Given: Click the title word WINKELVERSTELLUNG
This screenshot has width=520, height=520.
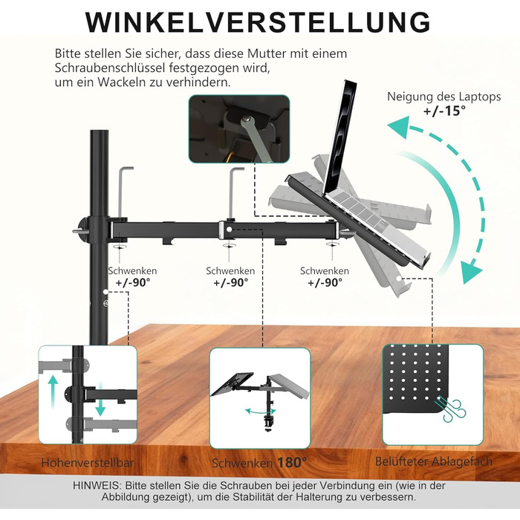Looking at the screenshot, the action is pos(258,22).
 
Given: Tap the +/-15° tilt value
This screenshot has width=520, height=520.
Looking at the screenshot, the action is pos(444,111).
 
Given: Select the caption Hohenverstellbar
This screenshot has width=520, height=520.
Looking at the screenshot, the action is pos(88,463).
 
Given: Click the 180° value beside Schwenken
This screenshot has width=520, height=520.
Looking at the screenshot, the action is pos(292,462).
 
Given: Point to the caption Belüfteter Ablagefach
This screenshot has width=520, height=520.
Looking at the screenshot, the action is pos(434,461).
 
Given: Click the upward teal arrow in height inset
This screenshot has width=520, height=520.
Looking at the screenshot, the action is pos(53,391).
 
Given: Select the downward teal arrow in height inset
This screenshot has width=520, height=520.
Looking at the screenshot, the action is pos(100,400).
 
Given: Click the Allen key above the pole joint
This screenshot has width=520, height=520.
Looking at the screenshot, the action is pos(123,192).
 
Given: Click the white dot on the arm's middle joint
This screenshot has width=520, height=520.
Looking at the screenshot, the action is pos(229,229).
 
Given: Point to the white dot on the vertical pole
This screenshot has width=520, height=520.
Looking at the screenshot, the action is pos(105,292).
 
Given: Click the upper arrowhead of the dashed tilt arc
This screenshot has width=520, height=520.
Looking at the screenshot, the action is pos(398,126).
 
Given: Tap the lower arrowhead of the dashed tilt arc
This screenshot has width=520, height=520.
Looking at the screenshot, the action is pos(471,272).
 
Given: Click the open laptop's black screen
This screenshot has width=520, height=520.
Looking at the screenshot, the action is pos(339,136).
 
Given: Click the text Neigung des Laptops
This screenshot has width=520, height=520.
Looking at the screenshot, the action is pos(444,97).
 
